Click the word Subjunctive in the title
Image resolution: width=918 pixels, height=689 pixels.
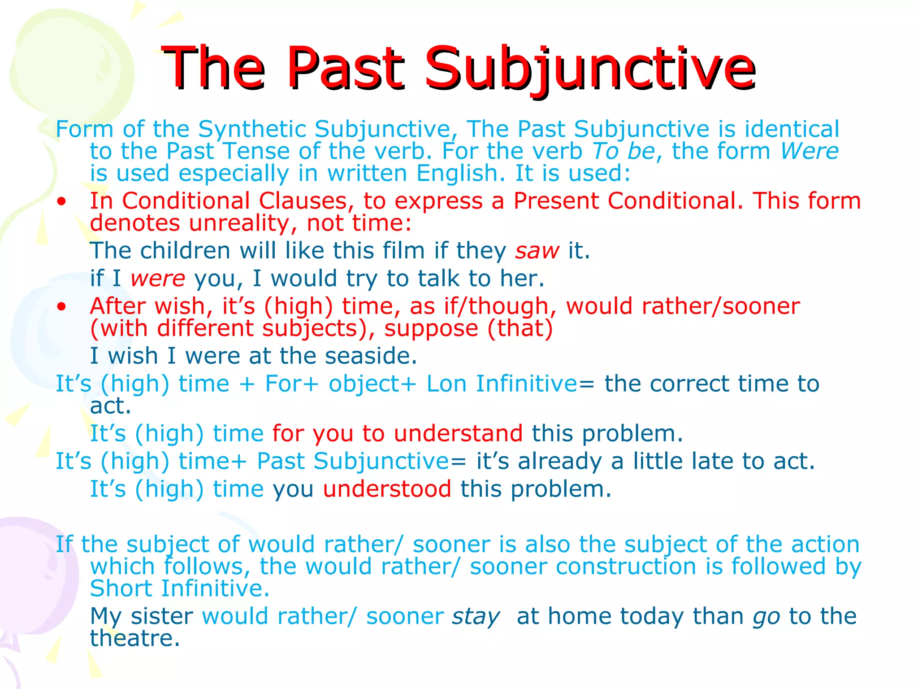(589, 68)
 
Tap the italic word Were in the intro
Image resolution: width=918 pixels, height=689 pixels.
(809, 151)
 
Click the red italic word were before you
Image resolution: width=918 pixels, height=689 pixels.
(158, 279)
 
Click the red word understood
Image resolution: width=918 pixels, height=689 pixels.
(387, 489)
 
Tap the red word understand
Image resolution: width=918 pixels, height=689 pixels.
(458, 434)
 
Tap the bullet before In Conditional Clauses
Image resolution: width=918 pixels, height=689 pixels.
(62, 201)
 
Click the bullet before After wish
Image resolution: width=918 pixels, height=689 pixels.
(62, 307)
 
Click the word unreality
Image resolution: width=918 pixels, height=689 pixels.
(238, 223)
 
